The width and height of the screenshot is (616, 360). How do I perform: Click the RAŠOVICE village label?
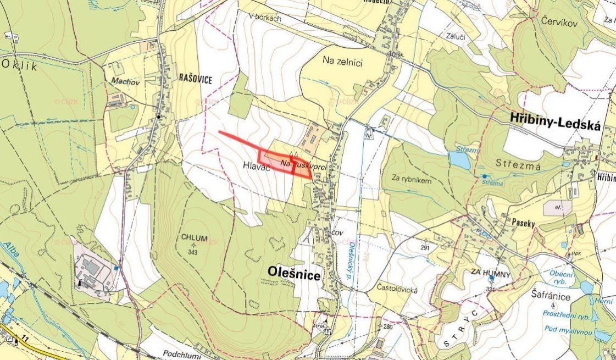[x=195, y=80]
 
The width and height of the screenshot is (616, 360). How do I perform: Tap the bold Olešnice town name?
[x=294, y=273]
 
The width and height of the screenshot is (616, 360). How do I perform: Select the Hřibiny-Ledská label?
[x=556, y=118]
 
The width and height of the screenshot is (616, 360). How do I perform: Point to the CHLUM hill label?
[x=193, y=238]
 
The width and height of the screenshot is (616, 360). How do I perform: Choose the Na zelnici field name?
[x=342, y=63]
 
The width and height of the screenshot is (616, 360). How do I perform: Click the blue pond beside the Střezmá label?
[x=459, y=160]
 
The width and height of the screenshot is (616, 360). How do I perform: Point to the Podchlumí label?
[x=182, y=355]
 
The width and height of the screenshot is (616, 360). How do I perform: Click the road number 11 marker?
[x=24, y=340]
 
